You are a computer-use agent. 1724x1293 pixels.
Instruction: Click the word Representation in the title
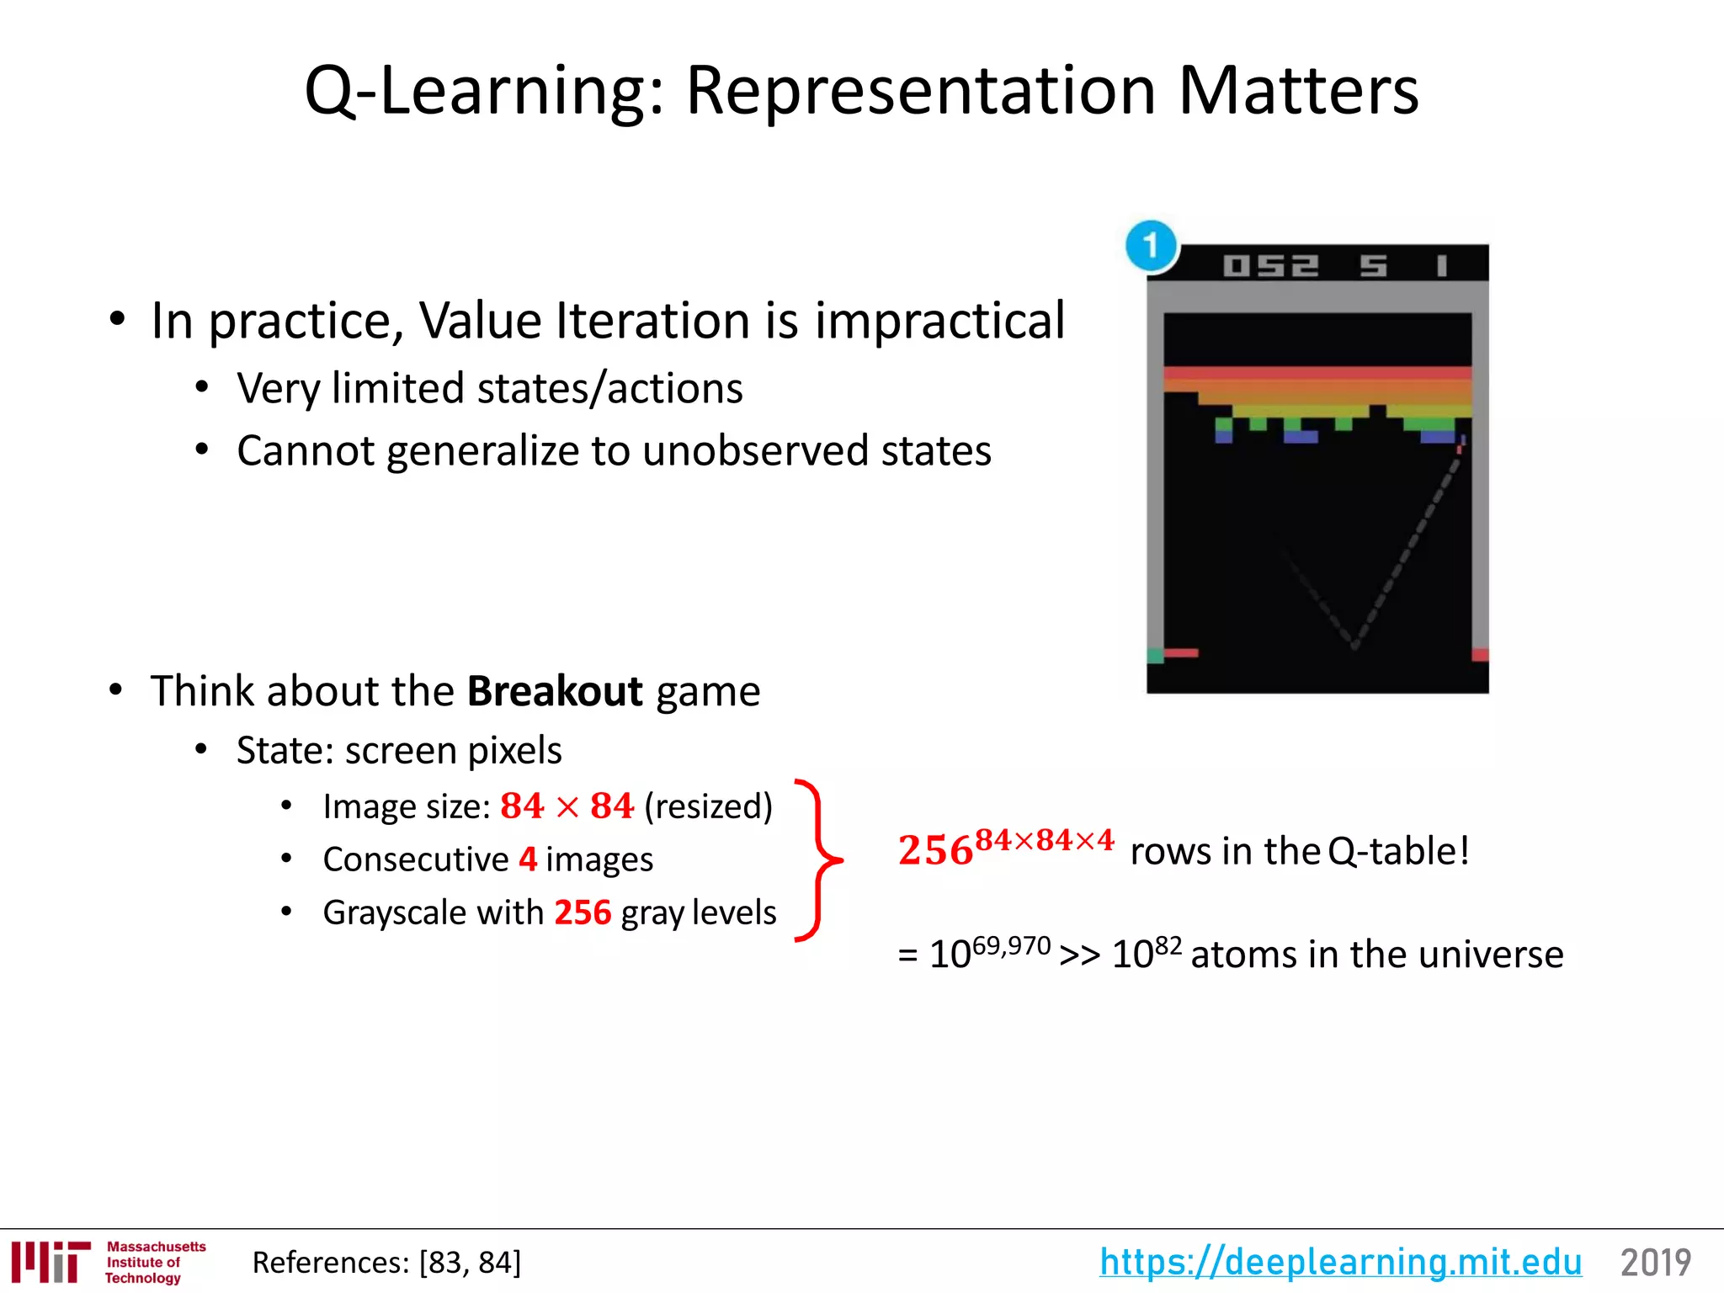(x=921, y=91)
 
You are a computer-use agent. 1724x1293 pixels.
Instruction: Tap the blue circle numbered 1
(x=1151, y=246)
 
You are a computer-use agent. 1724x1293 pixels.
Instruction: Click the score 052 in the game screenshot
(x=1270, y=266)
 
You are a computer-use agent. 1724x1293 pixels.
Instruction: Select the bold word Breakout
(x=555, y=691)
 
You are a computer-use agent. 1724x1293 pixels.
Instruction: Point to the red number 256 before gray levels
(x=583, y=913)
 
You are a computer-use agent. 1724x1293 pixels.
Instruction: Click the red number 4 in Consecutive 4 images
(x=528, y=859)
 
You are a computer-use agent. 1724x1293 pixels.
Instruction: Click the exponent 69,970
(x=1011, y=946)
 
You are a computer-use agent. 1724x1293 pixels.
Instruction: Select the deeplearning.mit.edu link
(x=1340, y=1262)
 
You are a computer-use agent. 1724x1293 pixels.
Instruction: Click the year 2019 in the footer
(x=1655, y=1263)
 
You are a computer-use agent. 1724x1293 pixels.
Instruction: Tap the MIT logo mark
(x=51, y=1262)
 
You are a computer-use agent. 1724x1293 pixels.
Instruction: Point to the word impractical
(x=939, y=321)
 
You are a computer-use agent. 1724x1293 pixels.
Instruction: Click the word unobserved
(x=755, y=450)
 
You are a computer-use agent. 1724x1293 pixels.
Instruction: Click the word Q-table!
(x=1398, y=851)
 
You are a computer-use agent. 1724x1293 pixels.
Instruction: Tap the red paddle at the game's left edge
(x=1180, y=652)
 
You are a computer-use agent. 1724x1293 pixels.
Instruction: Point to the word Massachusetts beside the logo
(x=156, y=1247)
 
